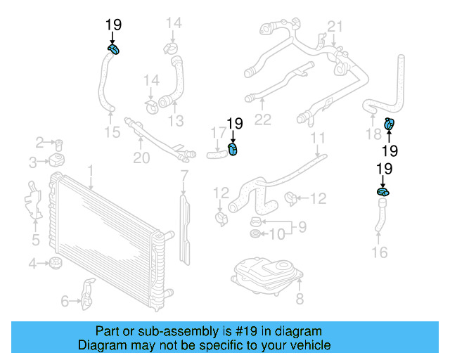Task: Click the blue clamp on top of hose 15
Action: pos(114,49)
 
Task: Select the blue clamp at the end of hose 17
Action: pos(234,148)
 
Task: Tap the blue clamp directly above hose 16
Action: pos(383,191)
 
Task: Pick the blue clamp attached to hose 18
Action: pos(389,125)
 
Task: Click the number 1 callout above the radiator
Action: pos(90,170)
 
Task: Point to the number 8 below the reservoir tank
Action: pos(299,300)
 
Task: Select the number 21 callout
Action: pos(335,27)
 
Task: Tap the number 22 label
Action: pos(262,120)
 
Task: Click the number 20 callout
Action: pos(141,158)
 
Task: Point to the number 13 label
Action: pos(175,120)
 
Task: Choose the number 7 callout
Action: pos(184,174)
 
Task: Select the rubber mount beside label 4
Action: pos(56,264)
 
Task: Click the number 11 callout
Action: pos(318,138)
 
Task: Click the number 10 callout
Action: pos(277,233)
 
